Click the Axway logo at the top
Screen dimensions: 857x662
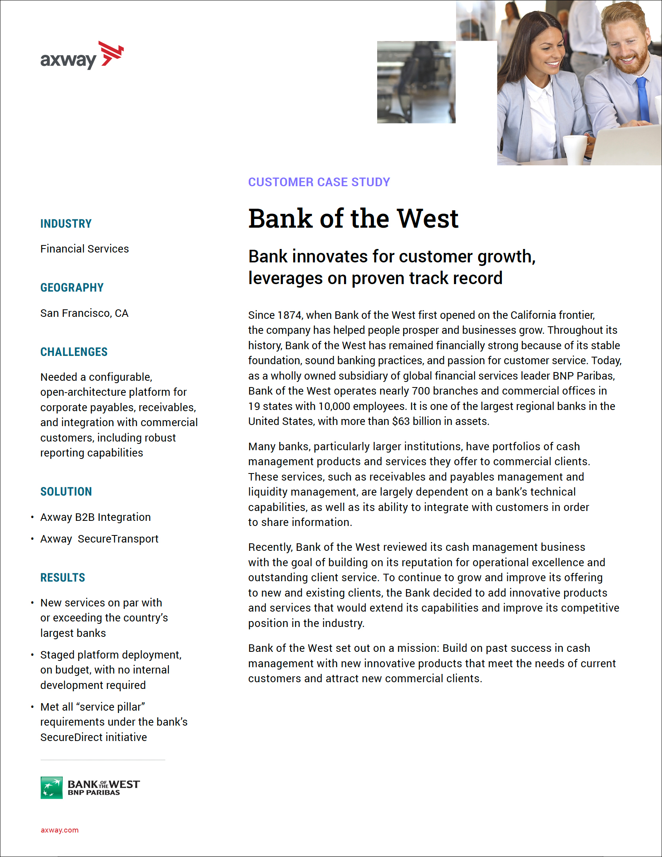82,56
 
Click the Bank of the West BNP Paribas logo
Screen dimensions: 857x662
90,788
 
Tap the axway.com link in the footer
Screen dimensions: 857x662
60,830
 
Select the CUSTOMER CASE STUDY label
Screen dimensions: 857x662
319,182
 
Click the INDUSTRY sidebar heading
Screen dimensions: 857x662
66,224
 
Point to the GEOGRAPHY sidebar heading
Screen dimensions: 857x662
72,288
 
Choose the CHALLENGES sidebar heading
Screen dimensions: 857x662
74,352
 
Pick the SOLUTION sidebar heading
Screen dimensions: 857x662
66,492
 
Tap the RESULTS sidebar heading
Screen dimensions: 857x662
63,578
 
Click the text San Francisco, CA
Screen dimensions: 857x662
84,313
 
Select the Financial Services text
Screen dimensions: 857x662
84,249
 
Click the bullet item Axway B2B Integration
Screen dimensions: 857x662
95,517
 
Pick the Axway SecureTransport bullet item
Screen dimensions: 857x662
99,539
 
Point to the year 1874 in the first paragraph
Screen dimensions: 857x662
290,315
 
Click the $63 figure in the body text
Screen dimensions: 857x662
401,421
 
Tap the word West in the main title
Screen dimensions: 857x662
427,219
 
